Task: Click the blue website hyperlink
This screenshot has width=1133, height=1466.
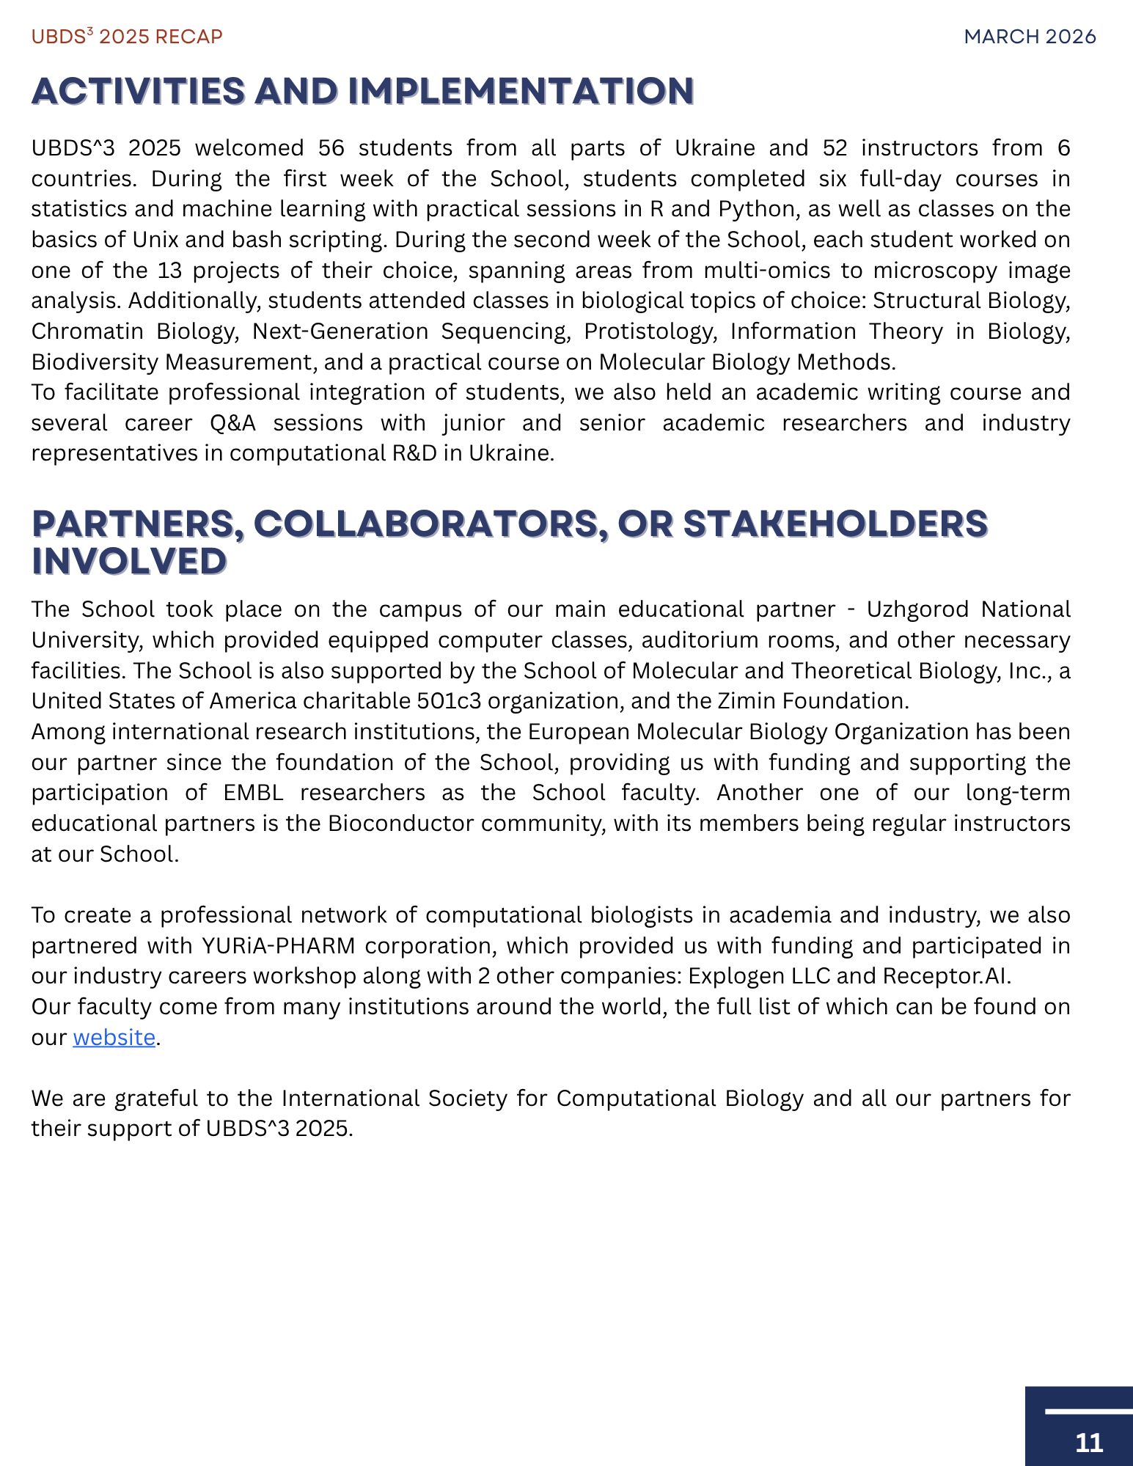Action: [114, 1038]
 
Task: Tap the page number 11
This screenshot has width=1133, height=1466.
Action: [1089, 1443]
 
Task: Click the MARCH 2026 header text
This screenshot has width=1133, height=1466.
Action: [1030, 37]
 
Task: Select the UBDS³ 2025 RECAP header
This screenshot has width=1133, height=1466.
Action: [127, 37]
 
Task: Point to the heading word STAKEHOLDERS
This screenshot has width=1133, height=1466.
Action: [835, 524]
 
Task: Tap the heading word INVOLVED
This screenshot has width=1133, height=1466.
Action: [129, 562]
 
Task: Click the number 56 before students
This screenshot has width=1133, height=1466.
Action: [331, 148]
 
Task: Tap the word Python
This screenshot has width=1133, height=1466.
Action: [757, 210]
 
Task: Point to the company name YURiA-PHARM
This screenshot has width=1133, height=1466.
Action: [279, 946]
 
